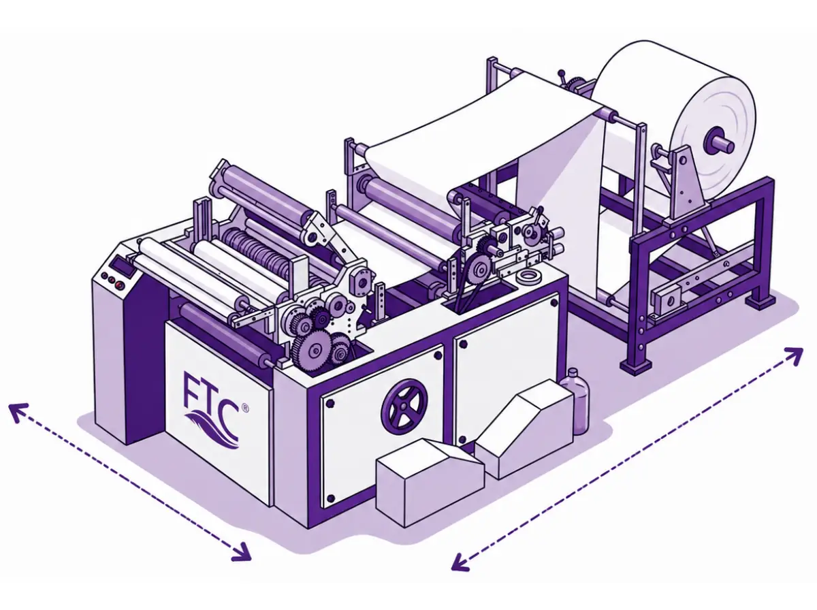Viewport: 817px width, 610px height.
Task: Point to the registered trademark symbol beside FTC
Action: (x=245, y=408)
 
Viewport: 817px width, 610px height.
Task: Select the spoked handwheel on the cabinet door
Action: (x=404, y=406)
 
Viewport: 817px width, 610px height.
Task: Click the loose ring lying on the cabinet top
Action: (x=528, y=276)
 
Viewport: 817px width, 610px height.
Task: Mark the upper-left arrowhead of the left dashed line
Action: (x=17, y=411)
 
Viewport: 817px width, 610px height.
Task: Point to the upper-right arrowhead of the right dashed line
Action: (x=794, y=355)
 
